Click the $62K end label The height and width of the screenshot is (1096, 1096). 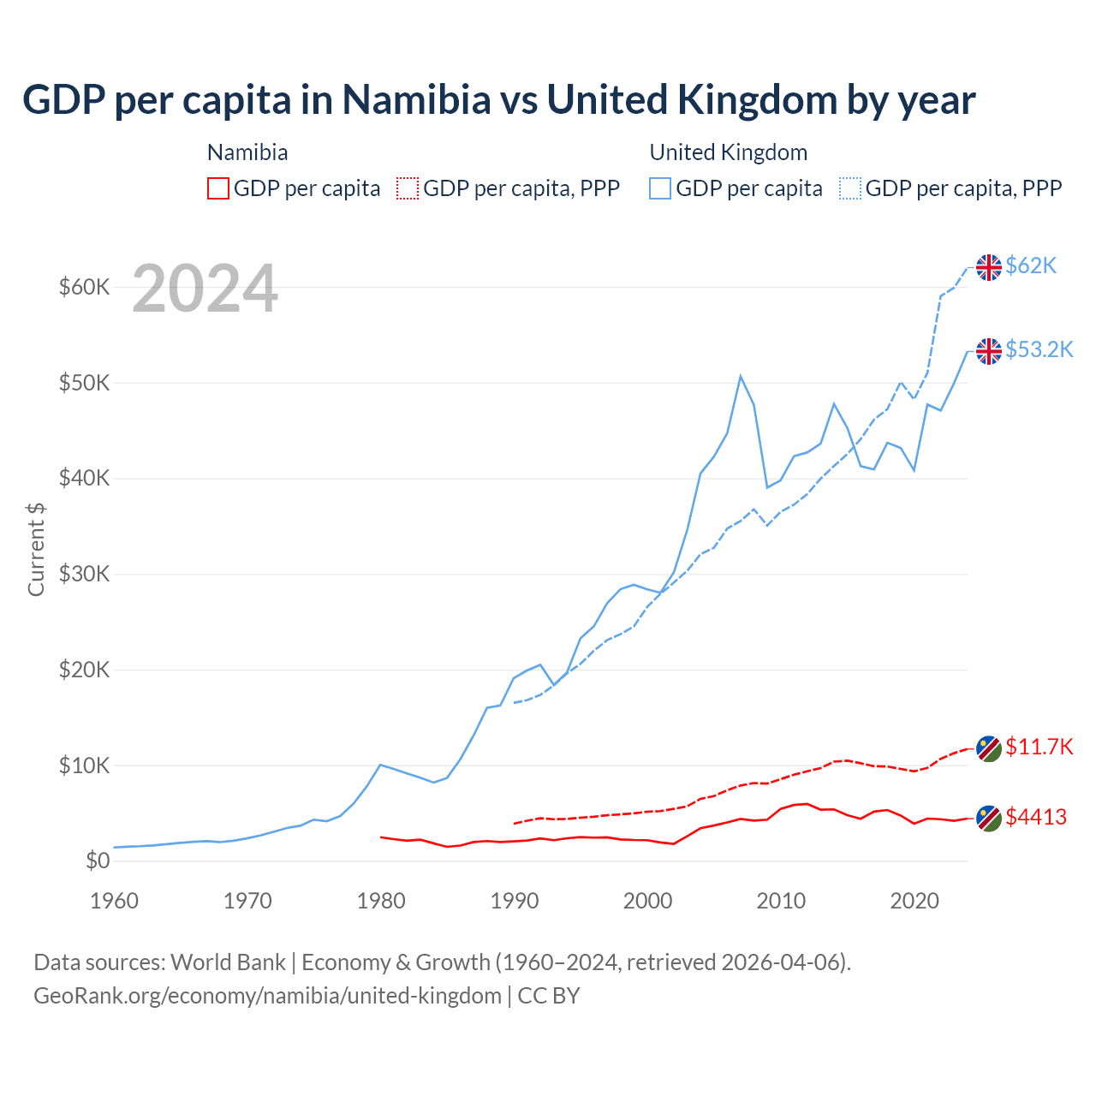1031,265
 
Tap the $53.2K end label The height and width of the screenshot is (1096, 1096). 1039,349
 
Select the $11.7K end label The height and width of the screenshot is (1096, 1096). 1039,747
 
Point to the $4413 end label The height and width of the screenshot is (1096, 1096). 1036,817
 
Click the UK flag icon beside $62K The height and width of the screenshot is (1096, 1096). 989,267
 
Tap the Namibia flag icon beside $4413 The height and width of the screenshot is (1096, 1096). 989,819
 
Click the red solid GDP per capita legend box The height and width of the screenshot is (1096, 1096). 218,188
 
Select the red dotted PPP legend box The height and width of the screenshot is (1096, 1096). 408,188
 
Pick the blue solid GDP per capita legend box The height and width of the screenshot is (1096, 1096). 660,188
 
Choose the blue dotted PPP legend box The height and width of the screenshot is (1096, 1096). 850,188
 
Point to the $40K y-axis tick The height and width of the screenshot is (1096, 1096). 84,478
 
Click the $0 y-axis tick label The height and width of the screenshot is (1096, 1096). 98,861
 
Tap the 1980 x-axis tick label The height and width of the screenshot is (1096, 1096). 381,901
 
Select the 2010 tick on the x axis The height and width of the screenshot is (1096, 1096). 781,901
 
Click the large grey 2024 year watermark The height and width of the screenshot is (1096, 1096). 205,289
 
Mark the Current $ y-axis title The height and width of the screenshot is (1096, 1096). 36,549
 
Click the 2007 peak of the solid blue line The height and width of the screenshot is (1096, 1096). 741,376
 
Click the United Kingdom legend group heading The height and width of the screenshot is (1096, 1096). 729,152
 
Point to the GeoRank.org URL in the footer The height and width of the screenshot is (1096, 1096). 267,996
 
